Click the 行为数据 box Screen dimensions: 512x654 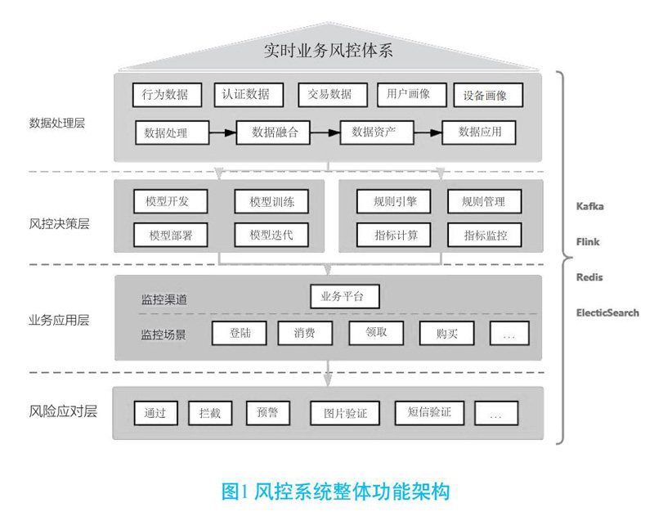[166, 95]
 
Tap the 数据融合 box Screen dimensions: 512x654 [275, 132]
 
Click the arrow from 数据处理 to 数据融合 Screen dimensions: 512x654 [223, 131]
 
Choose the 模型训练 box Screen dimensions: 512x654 [272, 202]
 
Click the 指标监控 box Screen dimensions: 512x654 [485, 236]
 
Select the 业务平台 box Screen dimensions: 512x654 [345, 296]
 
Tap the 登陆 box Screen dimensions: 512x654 [240, 333]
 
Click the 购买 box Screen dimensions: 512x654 [447, 333]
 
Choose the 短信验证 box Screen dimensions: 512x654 [423, 412]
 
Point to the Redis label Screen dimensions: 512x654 [589, 277]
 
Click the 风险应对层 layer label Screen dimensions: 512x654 [63, 411]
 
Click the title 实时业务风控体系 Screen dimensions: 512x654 [329, 51]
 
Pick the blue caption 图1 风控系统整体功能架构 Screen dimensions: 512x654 [335, 491]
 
